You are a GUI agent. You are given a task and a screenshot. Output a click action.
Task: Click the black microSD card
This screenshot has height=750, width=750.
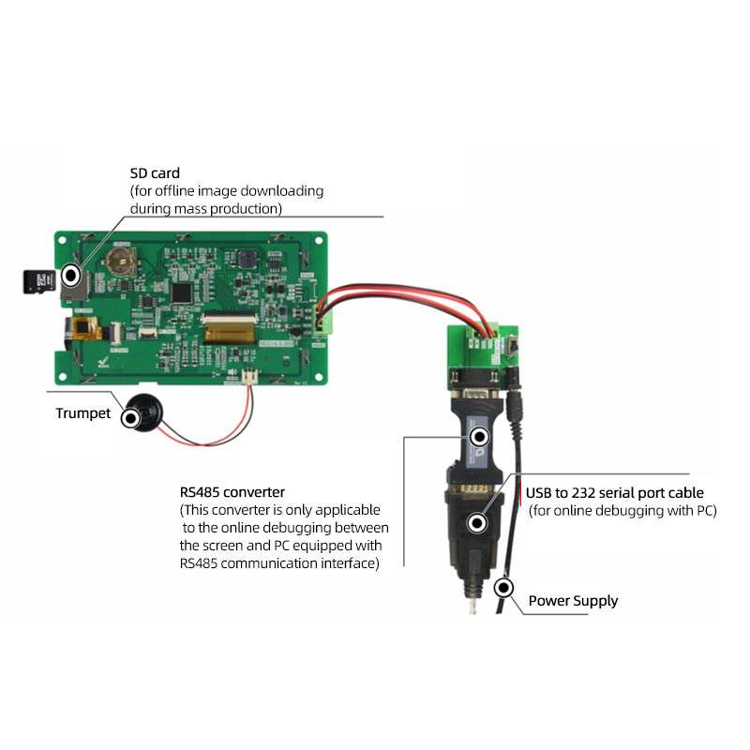[x=37, y=280]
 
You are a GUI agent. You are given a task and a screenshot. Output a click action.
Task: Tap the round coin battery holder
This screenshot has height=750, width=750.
[x=120, y=259]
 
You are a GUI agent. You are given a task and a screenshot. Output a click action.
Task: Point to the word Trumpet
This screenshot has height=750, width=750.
[x=82, y=413]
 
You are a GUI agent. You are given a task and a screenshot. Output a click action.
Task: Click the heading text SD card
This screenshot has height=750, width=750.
[x=155, y=173]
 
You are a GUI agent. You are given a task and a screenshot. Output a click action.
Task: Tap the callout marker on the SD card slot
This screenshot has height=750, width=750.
[x=70, y=276]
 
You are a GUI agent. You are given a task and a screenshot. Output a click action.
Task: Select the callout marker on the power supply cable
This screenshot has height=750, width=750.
[x=504, y=589]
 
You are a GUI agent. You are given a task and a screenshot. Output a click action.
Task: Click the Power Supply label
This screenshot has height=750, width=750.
[x=573, y=601]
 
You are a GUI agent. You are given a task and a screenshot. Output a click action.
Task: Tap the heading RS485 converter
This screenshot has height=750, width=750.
[x=232, y=491]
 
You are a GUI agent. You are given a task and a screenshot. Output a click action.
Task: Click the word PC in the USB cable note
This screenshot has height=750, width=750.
[x=701, y=511]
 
